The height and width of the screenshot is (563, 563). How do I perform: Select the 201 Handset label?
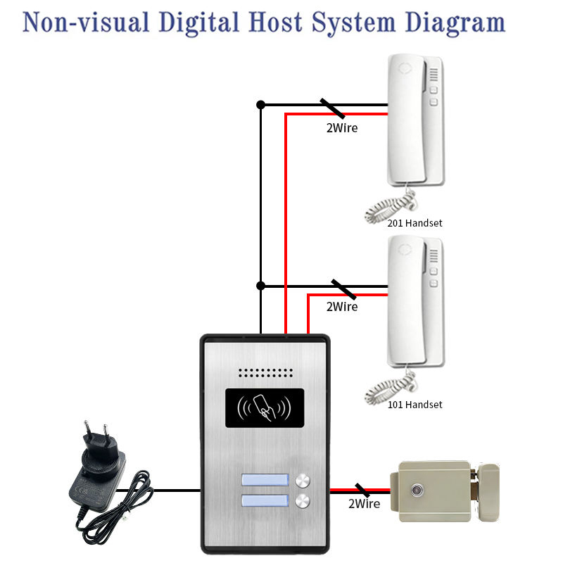click(415, 223)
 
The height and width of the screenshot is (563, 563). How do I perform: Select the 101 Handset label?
click(415, 405)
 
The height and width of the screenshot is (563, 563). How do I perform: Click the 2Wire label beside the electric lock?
click(364, 504)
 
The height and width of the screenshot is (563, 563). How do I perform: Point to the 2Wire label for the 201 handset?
click(341, 128)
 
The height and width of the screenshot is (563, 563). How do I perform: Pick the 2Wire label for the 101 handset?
click(341, 307)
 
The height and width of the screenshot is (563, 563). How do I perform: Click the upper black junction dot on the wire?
click(260, 105)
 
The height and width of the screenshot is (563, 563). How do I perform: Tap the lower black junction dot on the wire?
click(260, 286)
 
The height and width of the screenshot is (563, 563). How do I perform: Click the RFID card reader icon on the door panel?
click(265, 408)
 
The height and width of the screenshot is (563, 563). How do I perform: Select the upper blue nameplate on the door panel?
click(265, 481)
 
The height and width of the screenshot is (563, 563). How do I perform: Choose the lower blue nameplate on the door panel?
click(265, 501)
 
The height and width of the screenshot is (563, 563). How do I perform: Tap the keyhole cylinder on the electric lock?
click(420, 487)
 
